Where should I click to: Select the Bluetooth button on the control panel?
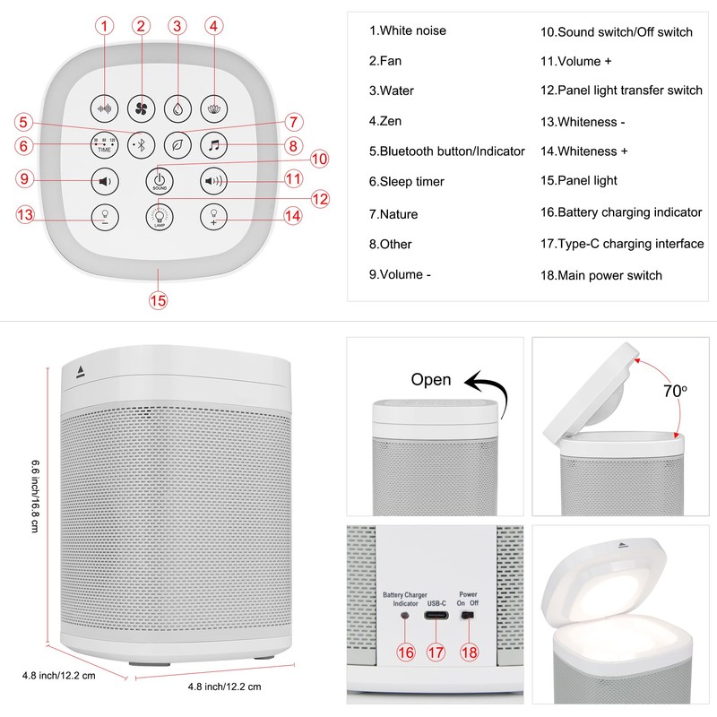coord(141,144)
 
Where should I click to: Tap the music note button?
coord(213,144)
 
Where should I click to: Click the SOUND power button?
coord(160,180)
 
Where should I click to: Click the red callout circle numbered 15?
coord(158,301)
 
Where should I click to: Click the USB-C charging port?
coord(436,618)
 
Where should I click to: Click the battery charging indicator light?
coord(406,618)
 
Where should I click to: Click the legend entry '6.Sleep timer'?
coord(406,182)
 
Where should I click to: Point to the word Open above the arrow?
coord(431,379)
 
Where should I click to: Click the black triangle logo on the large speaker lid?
coord(80,369)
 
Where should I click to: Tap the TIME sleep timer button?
coord(105,145)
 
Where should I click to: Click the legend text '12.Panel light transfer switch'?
coord(621,91)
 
